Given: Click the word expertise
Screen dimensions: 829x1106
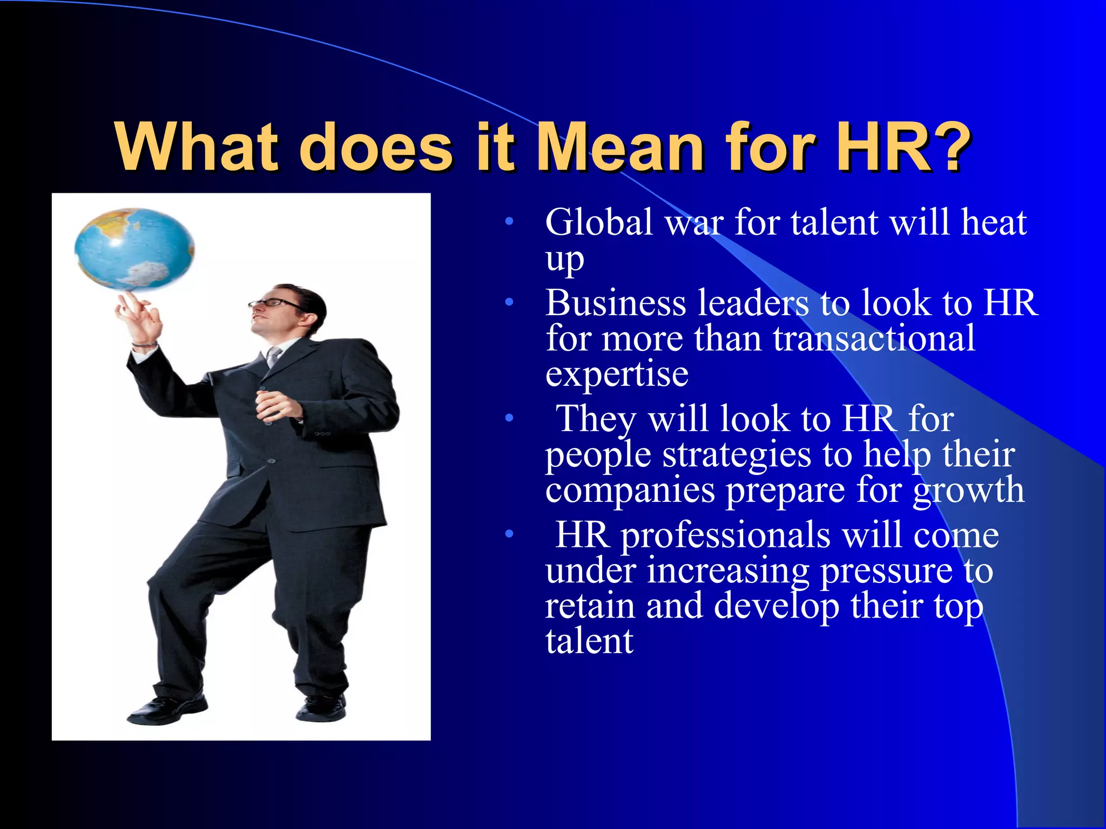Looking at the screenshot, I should [617, 374].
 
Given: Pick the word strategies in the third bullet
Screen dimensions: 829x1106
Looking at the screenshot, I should [737, 454].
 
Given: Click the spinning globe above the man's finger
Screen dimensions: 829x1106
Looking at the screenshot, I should [134, 248].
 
